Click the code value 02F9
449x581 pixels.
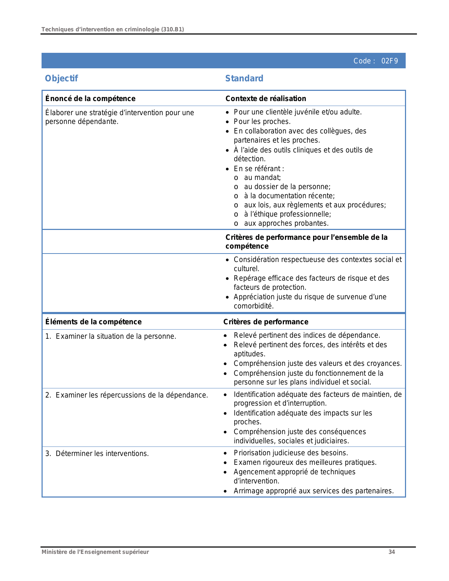[389, 61]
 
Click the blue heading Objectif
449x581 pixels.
[61, 79]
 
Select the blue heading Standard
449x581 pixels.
[244, 79]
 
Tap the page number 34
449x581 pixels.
[392, 552]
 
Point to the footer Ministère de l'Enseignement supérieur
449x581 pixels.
[95, 552]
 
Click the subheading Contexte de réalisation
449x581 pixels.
[266, 99]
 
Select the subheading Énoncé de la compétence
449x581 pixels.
[90, 99]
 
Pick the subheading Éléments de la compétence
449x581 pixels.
[93, 322]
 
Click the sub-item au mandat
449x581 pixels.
[262, 177]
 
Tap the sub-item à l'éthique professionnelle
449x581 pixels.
[287, 214]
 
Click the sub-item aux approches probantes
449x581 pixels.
[286, 223]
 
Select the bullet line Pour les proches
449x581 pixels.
[262, 121]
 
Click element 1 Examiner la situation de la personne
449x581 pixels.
[116, 336]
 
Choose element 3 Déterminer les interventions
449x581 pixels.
[102, 454]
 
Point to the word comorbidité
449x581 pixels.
[254, 306]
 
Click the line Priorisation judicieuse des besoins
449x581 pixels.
[291, 453]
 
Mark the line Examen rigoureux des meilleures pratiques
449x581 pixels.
[305, 462]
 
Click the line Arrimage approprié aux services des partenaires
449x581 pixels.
[313, 491]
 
